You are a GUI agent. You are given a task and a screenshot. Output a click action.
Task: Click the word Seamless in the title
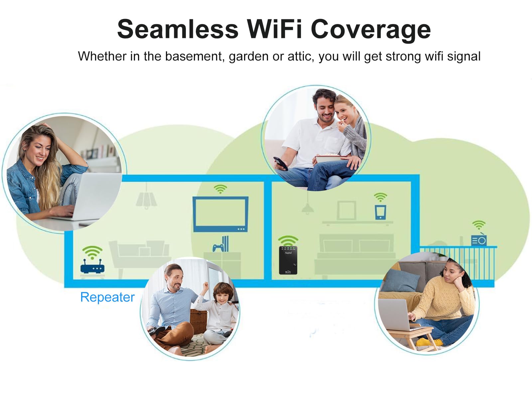click(x=178, y=29)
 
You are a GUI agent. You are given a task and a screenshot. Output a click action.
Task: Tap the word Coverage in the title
click(x=370, y=29)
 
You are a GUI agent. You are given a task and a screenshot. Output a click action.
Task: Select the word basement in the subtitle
click(x=193, y=56)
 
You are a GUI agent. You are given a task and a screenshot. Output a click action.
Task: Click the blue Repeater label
click(x=107, y=297)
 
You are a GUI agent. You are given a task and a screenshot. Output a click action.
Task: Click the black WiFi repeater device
click(x=288, y=260)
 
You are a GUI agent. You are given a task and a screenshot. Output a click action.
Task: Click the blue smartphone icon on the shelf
click(x=380, y=212)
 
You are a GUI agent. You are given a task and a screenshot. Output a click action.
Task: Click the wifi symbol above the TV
click(x=220, y=189)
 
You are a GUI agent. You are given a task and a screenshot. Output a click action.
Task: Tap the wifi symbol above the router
click(x=92, y=252)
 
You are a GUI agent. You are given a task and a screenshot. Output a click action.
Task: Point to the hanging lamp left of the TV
click(x=146, y=199)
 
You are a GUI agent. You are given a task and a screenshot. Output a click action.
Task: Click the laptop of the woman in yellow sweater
click(x=396, y=314)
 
